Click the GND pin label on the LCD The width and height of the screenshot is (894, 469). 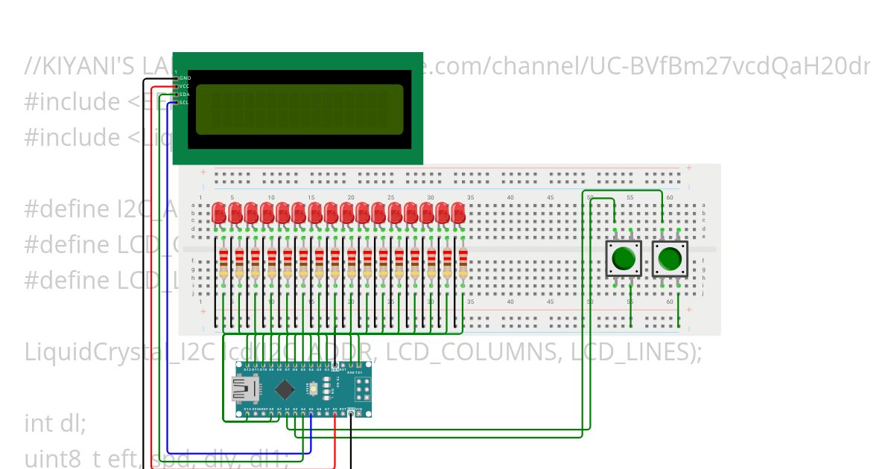[185, 77]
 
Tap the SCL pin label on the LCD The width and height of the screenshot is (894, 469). [184, 102]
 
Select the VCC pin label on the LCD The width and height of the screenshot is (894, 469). [184, 86]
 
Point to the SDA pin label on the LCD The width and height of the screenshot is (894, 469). [184, 94]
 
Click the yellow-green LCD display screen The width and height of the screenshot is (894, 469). [299, 109]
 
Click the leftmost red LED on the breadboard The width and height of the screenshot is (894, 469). [219, 214]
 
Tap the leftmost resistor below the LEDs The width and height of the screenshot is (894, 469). [223, 266]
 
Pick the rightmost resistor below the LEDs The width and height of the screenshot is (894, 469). [463, 266]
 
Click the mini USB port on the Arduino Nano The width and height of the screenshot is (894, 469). [243, 388]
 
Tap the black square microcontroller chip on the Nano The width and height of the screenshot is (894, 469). [284, 389]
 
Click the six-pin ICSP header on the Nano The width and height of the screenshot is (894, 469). [363, 389]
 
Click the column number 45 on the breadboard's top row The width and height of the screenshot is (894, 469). [550, 197]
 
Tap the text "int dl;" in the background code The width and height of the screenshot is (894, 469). [56, 423]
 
